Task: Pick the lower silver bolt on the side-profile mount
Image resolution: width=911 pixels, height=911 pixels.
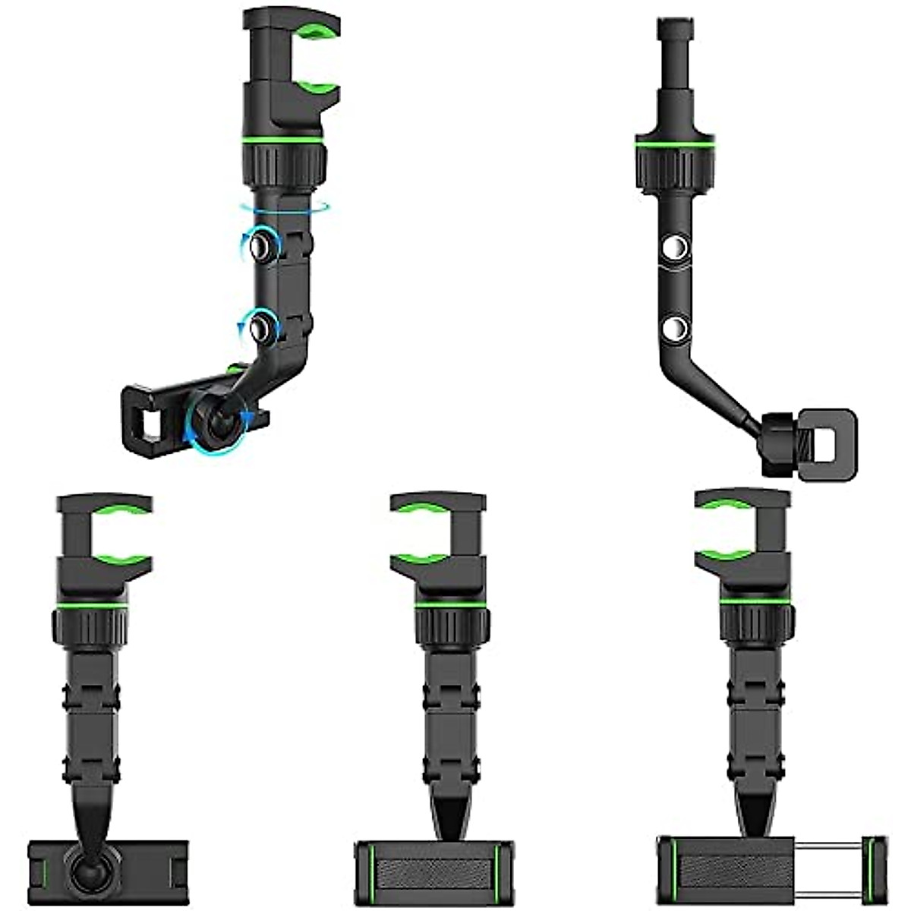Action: (673, 329)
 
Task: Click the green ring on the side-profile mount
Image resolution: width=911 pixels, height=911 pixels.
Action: (672, 143)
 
